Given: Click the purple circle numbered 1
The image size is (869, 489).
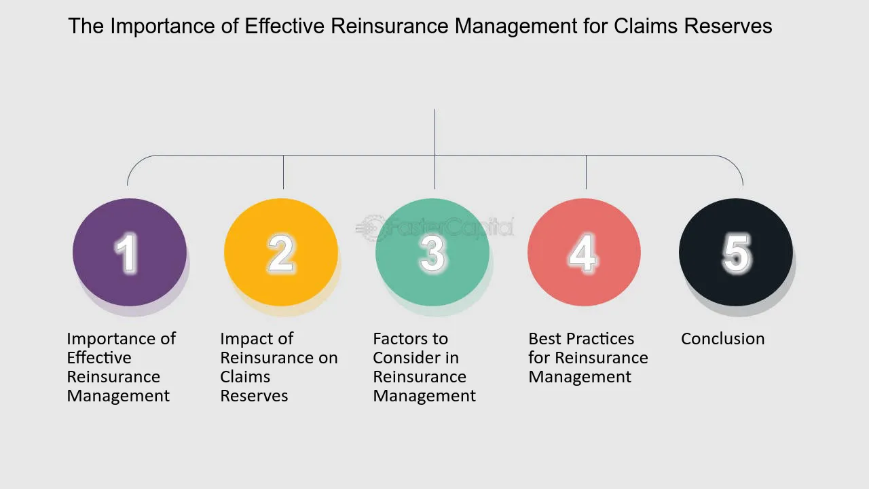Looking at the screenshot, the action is pos(130,252).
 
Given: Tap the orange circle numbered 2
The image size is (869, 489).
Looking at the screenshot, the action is pos(281,252).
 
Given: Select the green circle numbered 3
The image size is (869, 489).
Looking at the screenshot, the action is pos(432,252).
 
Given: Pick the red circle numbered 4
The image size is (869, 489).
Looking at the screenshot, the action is pos(584,252).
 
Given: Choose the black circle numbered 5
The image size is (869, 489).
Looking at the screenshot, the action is pos(735,252).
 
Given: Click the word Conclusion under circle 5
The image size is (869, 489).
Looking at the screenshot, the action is pos(723,339).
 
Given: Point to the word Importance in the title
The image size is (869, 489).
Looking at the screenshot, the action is pos(162,26).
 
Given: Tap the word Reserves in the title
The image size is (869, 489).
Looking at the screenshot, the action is pos(728,26).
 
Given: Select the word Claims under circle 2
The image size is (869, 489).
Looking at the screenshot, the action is pos(245,377).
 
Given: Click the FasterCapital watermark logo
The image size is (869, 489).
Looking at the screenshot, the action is pos(434,227).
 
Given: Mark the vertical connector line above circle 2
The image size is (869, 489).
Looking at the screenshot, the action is pos(284,172).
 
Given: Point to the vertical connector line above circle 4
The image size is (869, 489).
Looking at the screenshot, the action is pos(586,172).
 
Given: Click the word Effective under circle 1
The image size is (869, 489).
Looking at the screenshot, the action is pos(99,358).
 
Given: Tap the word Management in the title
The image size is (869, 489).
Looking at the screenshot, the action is pos(516,26).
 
